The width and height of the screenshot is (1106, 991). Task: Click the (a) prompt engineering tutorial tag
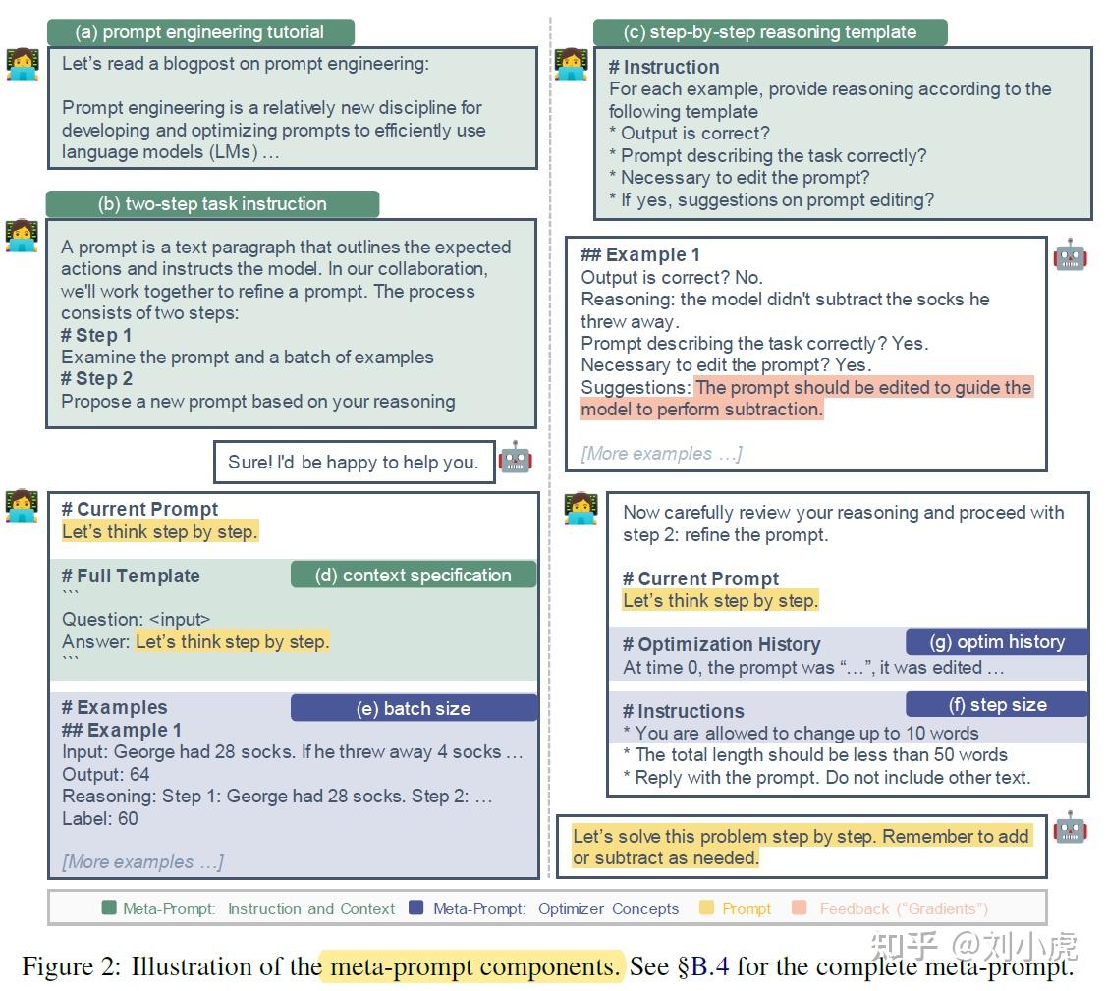[x=199, y=32]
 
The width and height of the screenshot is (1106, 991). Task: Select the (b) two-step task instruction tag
[x=212, y=204]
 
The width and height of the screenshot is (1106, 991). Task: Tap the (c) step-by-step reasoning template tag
[x=769, y=32]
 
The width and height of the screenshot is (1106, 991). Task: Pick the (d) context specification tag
[x=413, y=576]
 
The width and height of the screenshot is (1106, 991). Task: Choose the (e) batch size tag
[x=414, y=708]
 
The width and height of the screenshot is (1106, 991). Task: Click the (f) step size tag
[x=997, y=704]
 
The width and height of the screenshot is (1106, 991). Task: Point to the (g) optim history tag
[x=997, y=642]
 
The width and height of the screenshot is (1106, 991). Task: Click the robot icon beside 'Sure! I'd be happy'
[x=515, y=457]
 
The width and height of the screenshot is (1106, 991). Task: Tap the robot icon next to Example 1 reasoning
[x=1069, y=255]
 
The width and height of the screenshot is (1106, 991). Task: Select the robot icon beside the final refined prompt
[x=1069, y=828]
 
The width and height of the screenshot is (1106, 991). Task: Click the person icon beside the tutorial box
[x=22, y=64]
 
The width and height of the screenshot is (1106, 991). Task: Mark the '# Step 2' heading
[x=97, y=379]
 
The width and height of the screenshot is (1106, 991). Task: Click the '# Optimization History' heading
[x=721, y=645]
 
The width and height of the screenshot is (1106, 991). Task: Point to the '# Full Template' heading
[x=131, y=577]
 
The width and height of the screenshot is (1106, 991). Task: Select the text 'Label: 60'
[x=100, y=818]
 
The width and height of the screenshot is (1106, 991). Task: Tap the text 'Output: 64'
[x=106, y=774]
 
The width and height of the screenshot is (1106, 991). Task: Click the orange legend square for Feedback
[x=800, y=908]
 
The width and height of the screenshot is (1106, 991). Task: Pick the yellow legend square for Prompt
[x=706, y=908]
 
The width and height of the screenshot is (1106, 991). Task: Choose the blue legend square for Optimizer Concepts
[x=416, y=908]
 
